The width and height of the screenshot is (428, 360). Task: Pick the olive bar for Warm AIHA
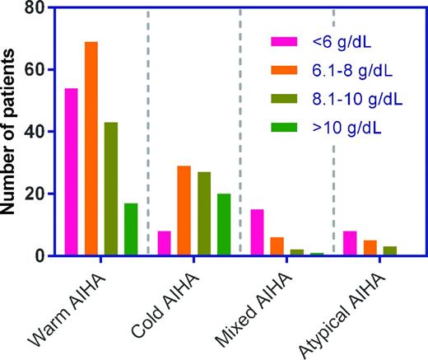tap(111, 189)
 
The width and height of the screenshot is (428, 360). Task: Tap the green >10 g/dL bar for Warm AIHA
tap(131, 230)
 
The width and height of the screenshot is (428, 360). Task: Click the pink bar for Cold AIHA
tap(165, 244)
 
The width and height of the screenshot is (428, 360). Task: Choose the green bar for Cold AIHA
tap(224, 225)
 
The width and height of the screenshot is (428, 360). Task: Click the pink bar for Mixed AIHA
tap(258, 233)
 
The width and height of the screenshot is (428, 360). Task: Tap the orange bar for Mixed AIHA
tap(277, 247)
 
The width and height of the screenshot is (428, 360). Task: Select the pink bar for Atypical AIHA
tap(351, 244)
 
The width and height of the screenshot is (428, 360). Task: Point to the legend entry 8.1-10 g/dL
tap(346, 99)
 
